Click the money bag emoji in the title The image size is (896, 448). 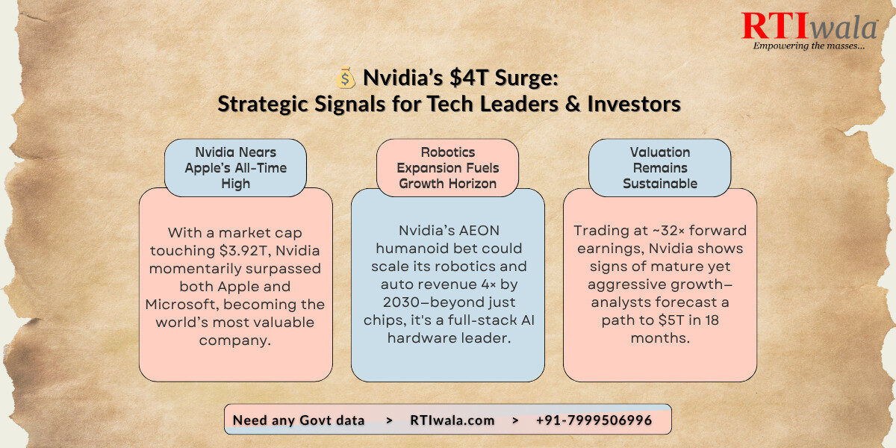pyautogui.click(x=345, y=78)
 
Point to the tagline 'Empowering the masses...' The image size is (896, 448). pyautogui.click(x=809, y=46)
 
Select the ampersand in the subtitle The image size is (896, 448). pyautogui.click(x=573, y=104)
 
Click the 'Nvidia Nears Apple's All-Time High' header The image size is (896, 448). pyautogui.click(x=236, y=168)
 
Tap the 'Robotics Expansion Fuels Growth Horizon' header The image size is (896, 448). pyautogui.click(x=447, y=168)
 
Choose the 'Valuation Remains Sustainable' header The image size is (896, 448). pyautogui.click(x=660, y=168)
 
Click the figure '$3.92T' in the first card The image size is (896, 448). pyautogui.click(x=243, y=251)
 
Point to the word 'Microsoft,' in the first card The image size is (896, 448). pyautogui.click(x=181, y=305)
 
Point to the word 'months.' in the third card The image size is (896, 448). pyautogui.click(x=660, y=338)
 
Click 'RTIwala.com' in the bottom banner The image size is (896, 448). pyautogui.click(x=452, y=420)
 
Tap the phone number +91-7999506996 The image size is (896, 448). pyautogui.click(x=594, y=420)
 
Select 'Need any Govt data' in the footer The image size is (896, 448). pyautogui.click(x=299, y=420)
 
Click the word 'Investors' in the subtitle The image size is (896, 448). pyautogui.click(x=634, y=104)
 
